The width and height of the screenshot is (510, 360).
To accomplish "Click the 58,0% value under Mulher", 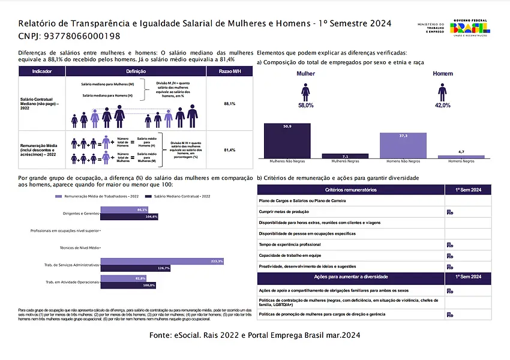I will click(x=305, y=105).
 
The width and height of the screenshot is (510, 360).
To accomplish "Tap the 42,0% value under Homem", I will click(x=442, y=105).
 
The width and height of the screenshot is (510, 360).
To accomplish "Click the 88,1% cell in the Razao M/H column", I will click(x=229, y=104).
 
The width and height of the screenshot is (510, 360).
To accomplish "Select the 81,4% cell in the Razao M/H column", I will click(x=229, y=149).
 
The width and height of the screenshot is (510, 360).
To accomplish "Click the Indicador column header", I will click(x=41, y=71).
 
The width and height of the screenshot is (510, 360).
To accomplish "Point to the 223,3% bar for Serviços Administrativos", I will click(x=162, y=261).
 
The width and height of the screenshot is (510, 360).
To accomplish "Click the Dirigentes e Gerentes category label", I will click(x=81, y=213).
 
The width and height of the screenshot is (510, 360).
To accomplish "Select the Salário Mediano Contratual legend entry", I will click(x=181, y=196).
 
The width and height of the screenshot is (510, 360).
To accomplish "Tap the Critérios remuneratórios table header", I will click(x=350, y=190).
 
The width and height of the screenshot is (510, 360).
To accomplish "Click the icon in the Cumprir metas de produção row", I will click(x=449, y=212).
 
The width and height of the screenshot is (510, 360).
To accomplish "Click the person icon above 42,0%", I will click(x=442, y=92).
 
